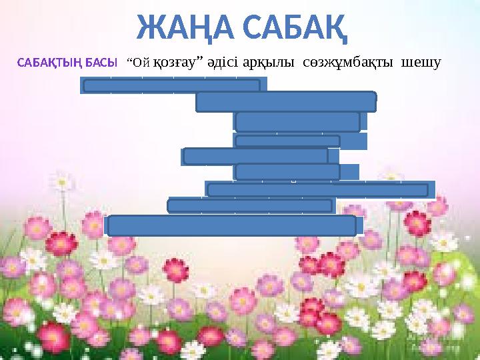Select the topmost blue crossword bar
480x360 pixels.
pyautogui.click(x=171, y=85)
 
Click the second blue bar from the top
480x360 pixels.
pyautogui.click(x=286, y=101)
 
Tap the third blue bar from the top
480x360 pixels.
pyautogui.click(x=298, y=121)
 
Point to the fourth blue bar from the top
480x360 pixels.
pyautogui.click(x=287, y=141)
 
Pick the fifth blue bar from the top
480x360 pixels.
pyautogui.click(x=255, y=155)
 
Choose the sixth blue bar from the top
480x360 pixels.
pyautogui.click(x=287, y=171)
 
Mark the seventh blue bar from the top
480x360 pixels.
pyautogui.click(x=317, y=190)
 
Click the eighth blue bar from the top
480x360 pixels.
pyautogui.click(x=250, y=205)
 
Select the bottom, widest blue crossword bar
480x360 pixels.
pyautogui.click(x=232, y=225)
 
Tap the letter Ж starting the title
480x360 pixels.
pyautogui.click(x=149, y=26)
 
